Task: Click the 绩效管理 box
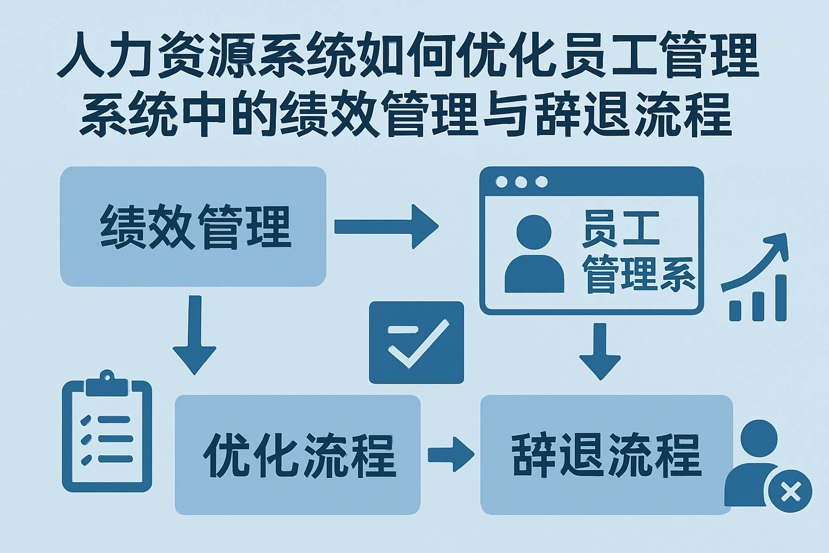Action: click(193, 226)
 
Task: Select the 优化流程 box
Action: click(297, 455)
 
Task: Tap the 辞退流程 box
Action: click(606, 455)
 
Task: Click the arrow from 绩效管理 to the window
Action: click(385, 226)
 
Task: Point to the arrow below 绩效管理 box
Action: click(194, 335)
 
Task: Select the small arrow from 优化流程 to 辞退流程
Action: click(450, 455)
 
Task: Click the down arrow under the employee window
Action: click(600, 351)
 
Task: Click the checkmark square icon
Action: click(416, 342)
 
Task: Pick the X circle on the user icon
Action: click(790, 491)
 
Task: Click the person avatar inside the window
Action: click(534, 254)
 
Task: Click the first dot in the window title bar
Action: click(501, 182)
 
